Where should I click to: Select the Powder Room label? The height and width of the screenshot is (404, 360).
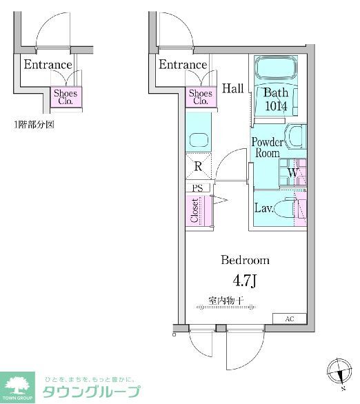(x=266, y=147)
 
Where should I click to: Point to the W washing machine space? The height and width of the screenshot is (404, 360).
(x=292, y=172)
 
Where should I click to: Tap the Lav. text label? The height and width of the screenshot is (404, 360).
(x=264, y=208)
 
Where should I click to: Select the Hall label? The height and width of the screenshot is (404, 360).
(x=233, y=88)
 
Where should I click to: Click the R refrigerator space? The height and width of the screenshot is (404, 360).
(x=199, y=166)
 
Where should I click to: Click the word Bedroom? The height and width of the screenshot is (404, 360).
(x=244, y=261)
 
